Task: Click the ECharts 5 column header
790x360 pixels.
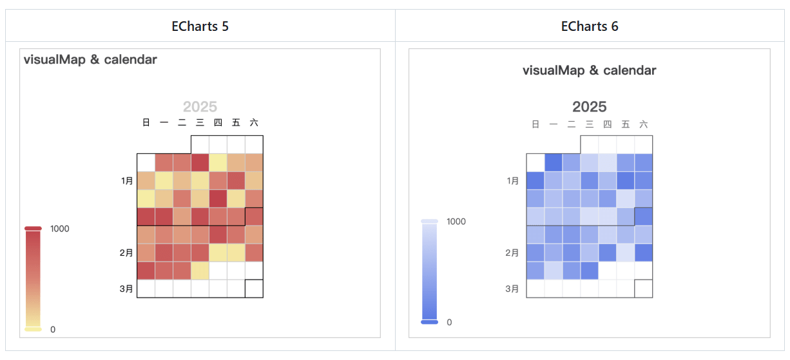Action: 200,26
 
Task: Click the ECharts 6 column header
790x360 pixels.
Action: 590,26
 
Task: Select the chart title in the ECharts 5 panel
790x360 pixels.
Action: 90,60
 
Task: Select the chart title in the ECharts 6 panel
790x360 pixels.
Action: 589,70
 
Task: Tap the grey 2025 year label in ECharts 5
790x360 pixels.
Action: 200,107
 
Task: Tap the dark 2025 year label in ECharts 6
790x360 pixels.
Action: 589,107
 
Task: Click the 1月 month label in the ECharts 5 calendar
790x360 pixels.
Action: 127,181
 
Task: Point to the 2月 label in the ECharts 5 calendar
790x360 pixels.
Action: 127,253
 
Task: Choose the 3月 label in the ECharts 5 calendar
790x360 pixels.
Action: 127,289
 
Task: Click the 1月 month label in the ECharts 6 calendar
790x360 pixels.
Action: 513,181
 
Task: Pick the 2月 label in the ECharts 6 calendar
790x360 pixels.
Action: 513,253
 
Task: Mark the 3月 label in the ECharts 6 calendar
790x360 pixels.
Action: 513,289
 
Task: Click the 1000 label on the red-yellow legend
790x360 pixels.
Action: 60,229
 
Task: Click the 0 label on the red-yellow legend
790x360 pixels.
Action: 53,330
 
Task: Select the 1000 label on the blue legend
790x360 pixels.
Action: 456,222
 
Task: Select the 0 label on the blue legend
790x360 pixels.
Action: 449,322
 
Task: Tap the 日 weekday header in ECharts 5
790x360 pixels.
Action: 146,122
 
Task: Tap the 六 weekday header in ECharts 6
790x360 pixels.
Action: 643,124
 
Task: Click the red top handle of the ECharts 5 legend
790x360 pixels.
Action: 33,228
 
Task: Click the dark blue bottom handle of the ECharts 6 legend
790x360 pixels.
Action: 429,321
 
